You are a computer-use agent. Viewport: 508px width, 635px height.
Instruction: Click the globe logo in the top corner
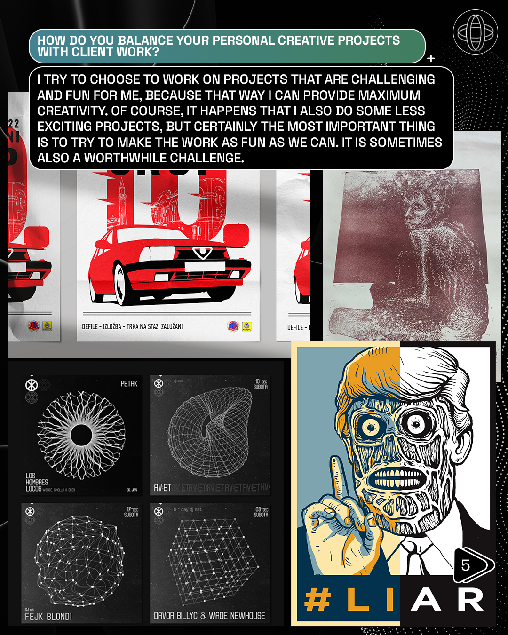[475, 32]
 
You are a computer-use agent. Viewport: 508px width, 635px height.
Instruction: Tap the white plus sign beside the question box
[431, 59]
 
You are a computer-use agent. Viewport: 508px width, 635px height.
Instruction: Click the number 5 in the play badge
[466, 565]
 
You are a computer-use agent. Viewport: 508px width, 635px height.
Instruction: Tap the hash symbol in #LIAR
[317, 600]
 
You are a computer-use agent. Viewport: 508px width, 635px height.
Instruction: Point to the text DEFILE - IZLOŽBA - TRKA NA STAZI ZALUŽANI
[132, 326]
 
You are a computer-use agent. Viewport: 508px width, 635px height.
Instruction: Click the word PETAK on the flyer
[129, 384]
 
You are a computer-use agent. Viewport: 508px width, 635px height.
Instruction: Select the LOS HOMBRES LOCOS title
[36, 482]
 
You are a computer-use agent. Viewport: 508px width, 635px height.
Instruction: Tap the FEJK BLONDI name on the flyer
[48, 616]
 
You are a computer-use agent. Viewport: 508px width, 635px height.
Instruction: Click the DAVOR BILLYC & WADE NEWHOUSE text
[209, 616]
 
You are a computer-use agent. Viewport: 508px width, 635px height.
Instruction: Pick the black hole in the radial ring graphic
[81, 436]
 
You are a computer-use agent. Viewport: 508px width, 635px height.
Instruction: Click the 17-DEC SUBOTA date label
[131, 512]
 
